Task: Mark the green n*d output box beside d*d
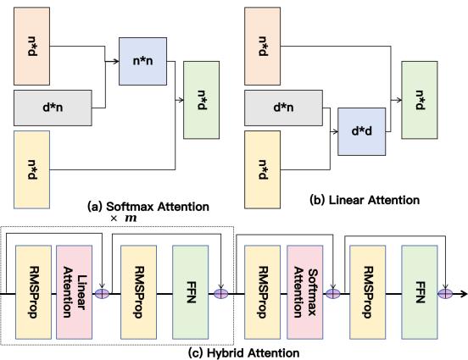pos(426,100)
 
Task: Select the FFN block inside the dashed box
pos(191,293)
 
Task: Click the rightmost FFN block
pos(421,293)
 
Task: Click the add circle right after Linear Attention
pos(104,294)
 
